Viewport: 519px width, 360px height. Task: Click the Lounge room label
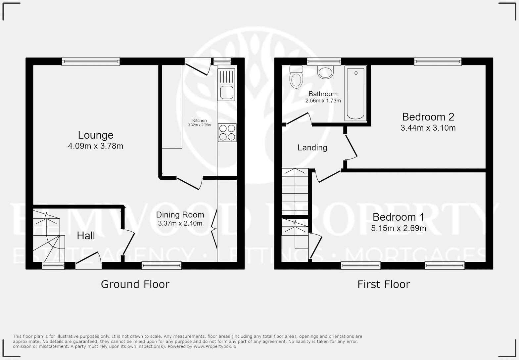coord(96,135)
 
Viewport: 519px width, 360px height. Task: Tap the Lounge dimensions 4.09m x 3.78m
coord(96,146)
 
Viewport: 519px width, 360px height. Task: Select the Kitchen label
coord(200,120)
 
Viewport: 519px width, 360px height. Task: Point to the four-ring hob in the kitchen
coord(227,132)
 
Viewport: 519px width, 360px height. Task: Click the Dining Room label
coord(180,215)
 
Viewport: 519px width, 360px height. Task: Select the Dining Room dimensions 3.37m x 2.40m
coord(180,223)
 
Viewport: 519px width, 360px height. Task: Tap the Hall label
coord(86,236)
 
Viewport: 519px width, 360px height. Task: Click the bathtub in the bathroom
coord(355,94)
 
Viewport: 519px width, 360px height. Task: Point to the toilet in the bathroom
coord(296,77)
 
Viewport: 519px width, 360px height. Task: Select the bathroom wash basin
coord(325,72)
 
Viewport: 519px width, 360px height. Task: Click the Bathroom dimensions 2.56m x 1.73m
coord(323,101)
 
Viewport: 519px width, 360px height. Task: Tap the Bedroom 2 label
coord(428,117)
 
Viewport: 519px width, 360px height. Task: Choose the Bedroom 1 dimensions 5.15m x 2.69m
coord(399,228)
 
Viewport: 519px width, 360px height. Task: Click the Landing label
coord(312,148)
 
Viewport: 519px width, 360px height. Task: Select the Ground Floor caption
coord(135,284)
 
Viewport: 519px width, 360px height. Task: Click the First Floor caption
coord(384,284)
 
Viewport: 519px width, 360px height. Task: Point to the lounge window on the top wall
coord(91,61)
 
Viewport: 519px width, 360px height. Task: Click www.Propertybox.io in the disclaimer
coord(215,346)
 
